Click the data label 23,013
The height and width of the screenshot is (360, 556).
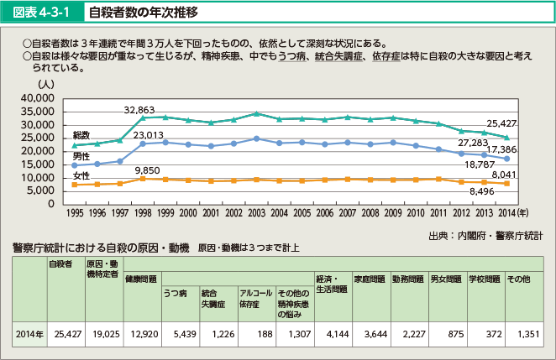click(x=148, y=134)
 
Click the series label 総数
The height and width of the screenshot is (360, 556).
click(x=81, y=135)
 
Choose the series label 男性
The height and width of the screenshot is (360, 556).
click(x=81, y=156)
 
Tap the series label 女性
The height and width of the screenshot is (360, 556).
click(x=81, y=175)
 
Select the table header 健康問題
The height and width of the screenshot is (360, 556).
click(x=139, y=278)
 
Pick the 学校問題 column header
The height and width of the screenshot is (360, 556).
click(x=484, y=278)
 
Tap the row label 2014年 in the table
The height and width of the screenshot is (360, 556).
click(x=29, y=334)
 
